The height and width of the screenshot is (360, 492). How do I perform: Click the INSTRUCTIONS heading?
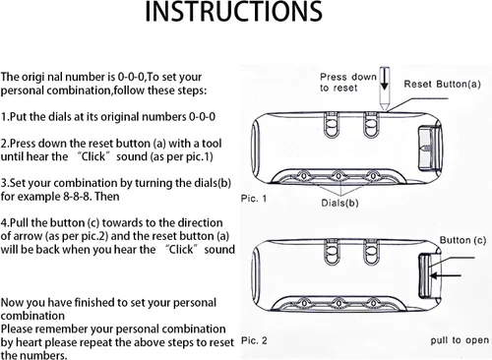233,12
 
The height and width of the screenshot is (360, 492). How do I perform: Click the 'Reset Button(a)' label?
442,85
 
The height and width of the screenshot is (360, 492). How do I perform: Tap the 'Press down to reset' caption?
348,83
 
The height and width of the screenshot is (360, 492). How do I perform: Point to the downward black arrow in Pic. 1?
384,79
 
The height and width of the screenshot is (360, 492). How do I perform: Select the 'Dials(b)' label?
339,203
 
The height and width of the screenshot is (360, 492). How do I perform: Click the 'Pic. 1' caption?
254,199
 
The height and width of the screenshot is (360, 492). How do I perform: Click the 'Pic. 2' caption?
254,340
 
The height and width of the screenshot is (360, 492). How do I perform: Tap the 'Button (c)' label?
462,240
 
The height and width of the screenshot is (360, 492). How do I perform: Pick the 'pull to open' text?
460,340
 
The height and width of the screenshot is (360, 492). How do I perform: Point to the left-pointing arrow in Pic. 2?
446,275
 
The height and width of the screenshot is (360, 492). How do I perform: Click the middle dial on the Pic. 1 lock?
338,176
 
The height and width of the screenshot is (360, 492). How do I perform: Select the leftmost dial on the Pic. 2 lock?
304,303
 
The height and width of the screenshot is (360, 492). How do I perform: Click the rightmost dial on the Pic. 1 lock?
373,176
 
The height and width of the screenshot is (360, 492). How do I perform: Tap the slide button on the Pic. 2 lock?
426,276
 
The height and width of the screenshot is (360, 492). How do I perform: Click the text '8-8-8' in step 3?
77,197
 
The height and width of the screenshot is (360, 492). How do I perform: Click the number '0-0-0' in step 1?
202,117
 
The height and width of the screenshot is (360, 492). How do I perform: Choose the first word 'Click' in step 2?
93,156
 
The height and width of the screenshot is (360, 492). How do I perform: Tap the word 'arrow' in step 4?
29,237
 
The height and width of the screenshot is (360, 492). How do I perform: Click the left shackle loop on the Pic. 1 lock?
331,124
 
